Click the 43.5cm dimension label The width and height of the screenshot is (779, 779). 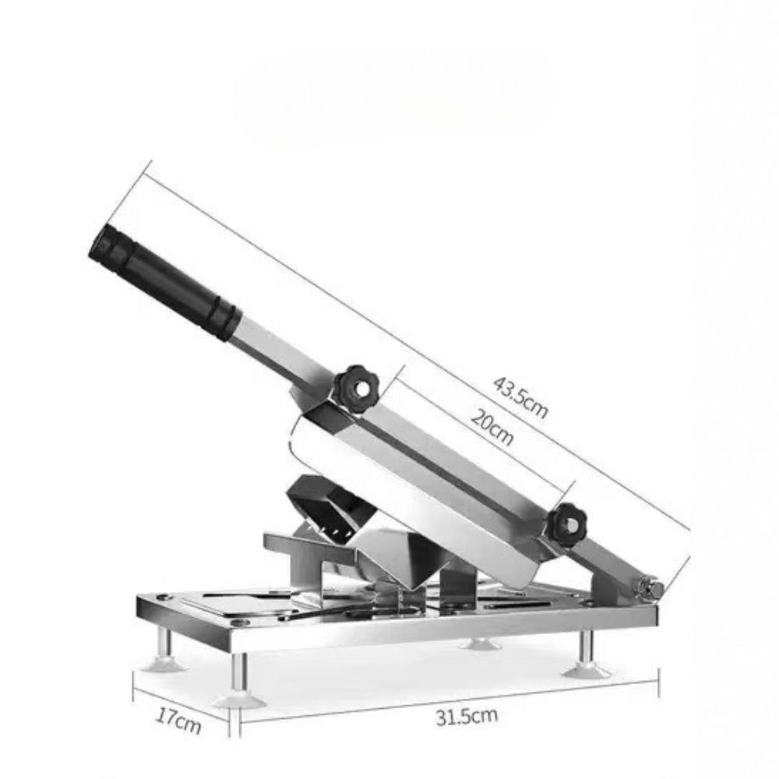(520, 397)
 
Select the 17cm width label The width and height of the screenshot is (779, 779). (178, 721)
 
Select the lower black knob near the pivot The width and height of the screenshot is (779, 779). (569, 526)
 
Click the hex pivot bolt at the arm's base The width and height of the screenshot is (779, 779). (650, 587)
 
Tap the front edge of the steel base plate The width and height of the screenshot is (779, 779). (436, 635)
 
